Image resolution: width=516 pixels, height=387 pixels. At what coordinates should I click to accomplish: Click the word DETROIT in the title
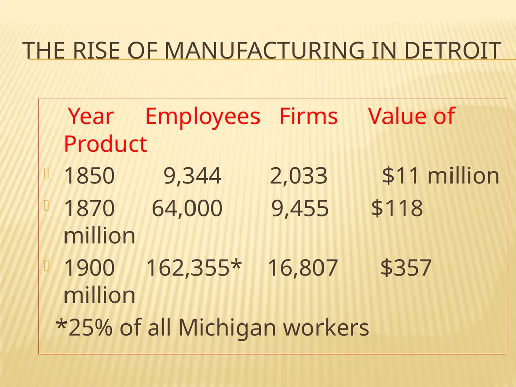(x=453, y=51)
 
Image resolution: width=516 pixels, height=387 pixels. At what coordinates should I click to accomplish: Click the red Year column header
(x=91, y=116)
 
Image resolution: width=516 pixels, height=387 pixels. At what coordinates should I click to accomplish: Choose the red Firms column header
(x=308, y=116)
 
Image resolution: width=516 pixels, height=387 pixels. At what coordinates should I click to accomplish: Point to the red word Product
(x=105, y=144)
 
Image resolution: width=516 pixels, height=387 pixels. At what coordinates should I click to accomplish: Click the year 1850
(x=89, y=175)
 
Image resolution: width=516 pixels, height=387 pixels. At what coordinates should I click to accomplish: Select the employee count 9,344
(x=192, y=176)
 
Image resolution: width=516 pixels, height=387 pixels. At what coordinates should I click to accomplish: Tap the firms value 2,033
(x=298, y=176)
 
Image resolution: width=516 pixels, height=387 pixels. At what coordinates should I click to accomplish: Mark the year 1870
(x=89, y=208)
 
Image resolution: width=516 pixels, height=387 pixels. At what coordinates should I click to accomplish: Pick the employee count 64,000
(x=187, y=208)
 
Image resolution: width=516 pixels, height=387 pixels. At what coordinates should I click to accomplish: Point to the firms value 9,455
(x=300, y=208)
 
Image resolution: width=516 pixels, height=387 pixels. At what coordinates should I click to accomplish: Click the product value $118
(x=397, y=208)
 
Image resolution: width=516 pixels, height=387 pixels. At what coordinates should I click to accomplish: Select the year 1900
(x=89, y=267)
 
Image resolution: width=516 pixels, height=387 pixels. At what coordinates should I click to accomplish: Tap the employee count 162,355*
(x=194, y=268)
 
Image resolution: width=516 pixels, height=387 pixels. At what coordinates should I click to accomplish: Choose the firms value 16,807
(x=302, y=268)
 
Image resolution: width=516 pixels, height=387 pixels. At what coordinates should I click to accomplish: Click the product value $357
(x=406, y=267)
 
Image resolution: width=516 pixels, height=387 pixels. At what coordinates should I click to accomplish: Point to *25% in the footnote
(x=84, y=327)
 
